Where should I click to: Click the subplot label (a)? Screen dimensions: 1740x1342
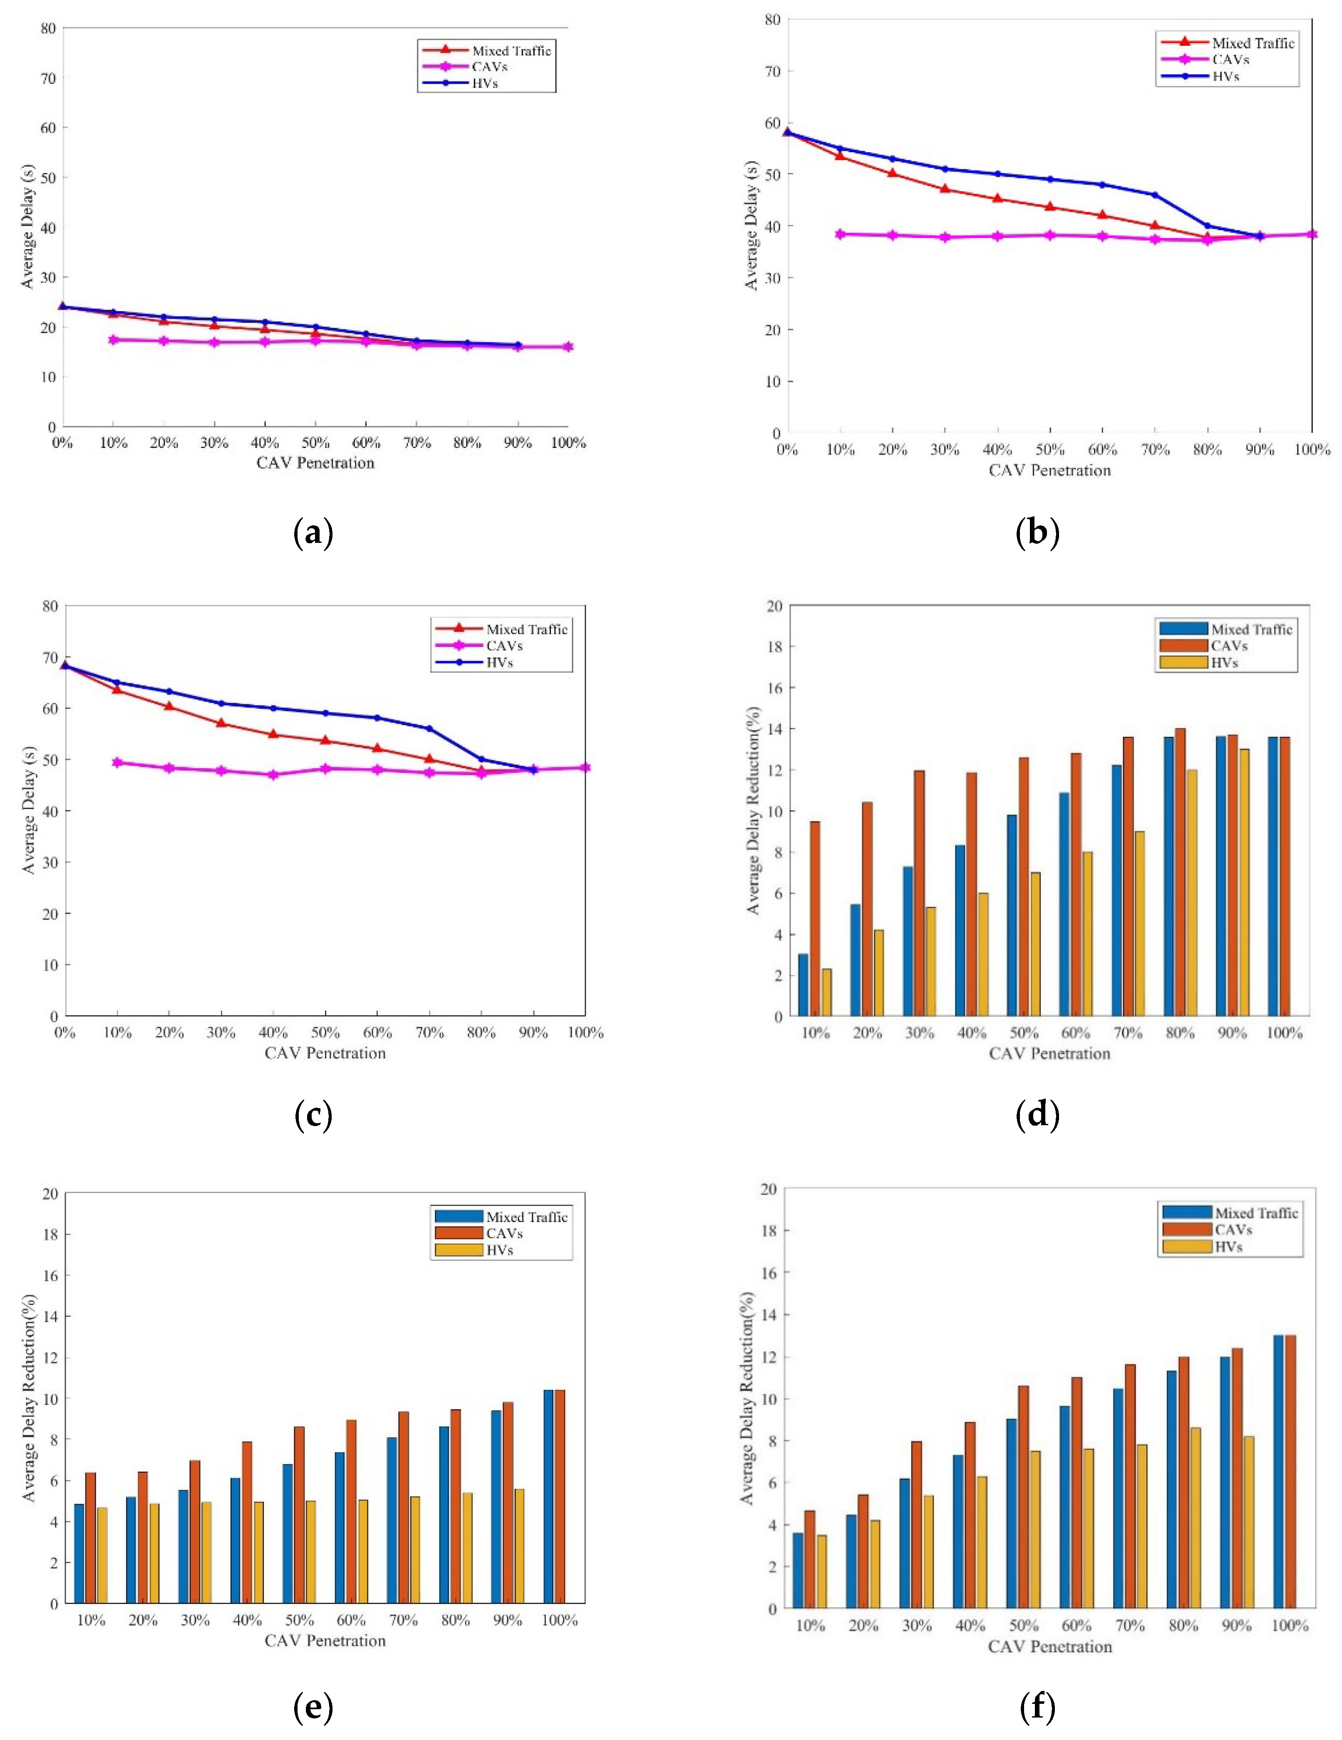click(x=313, y=532)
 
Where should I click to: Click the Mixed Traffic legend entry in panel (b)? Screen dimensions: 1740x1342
click(x=1252, y=43)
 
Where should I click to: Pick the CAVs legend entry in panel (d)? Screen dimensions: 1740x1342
click(x=1228, y=645)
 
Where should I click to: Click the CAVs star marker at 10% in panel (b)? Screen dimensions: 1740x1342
click(x=840, y=234)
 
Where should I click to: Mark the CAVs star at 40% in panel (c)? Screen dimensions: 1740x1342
click(x=273, y=775)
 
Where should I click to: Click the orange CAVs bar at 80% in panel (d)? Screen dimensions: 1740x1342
click(x=1180, y=871)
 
